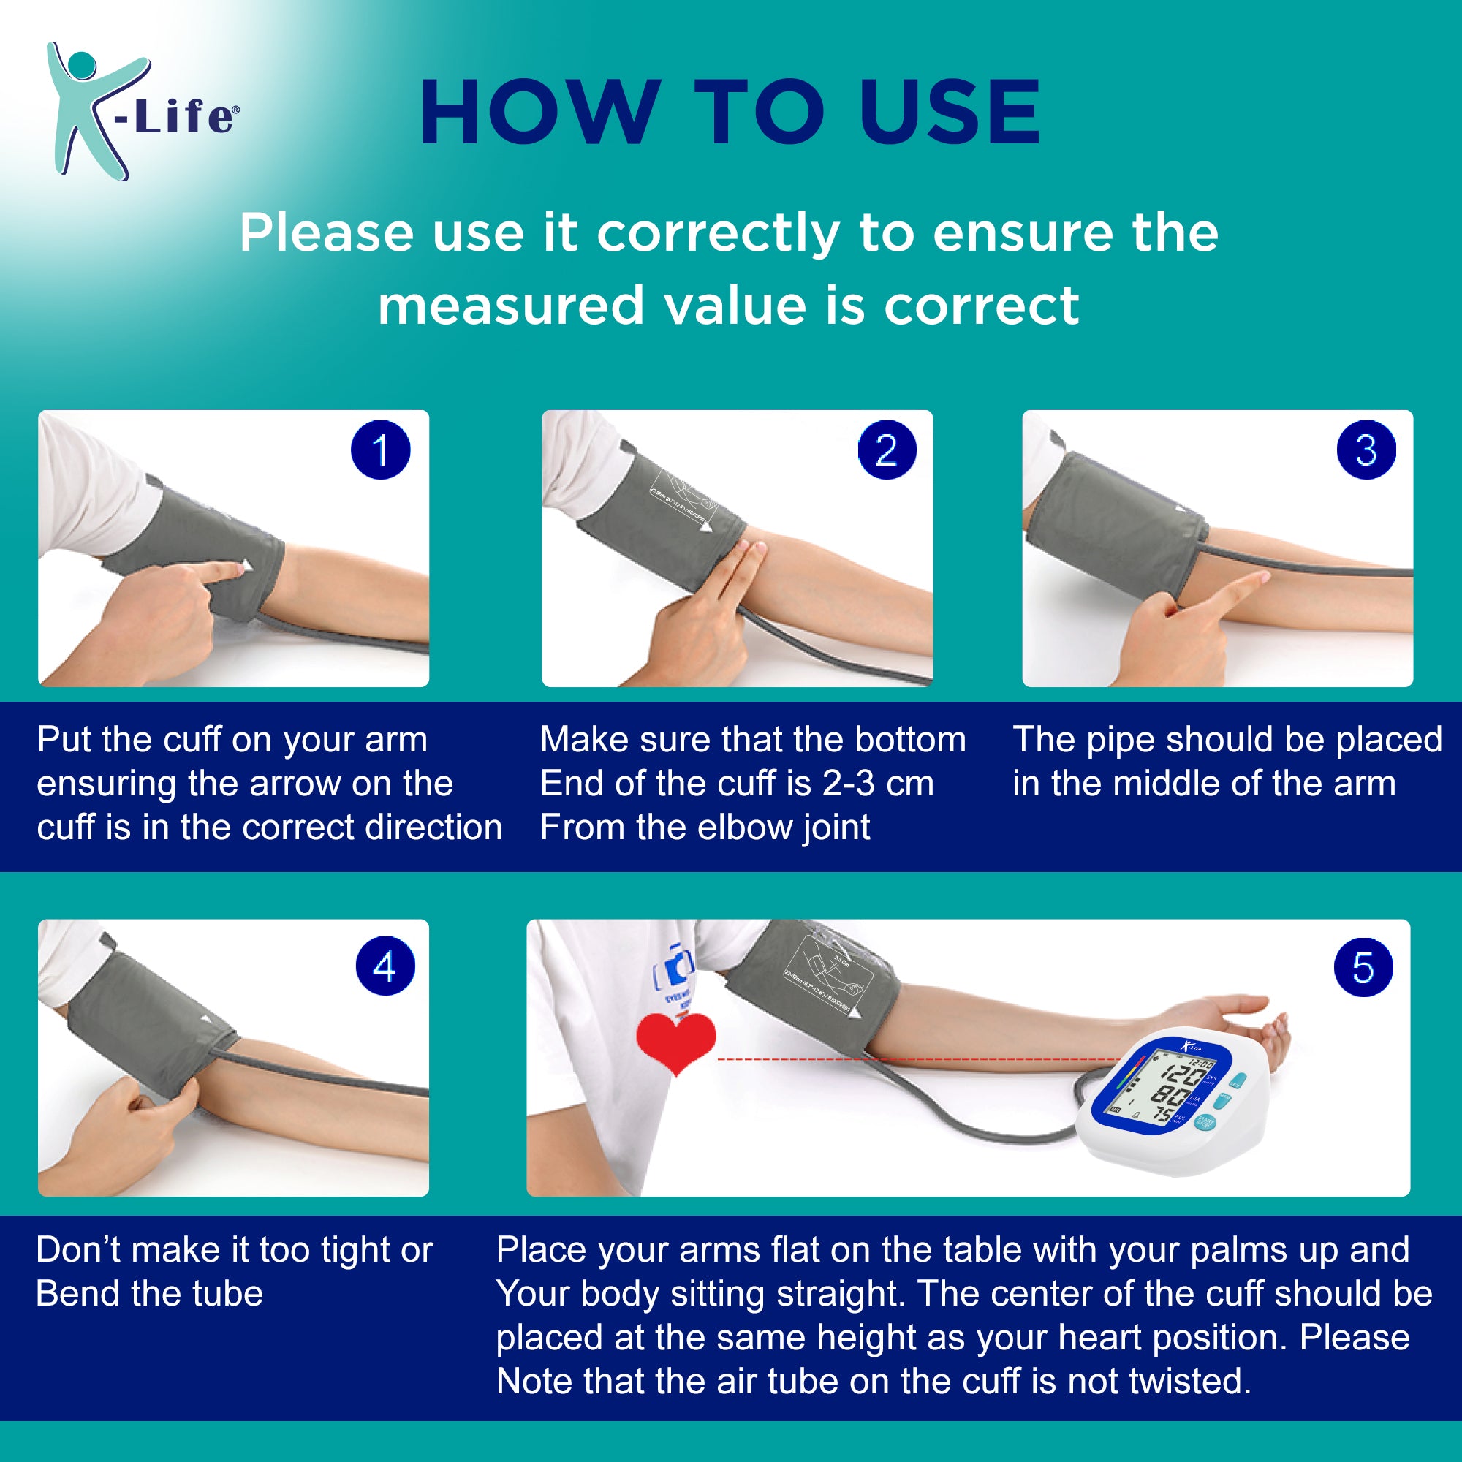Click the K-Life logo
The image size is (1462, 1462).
(x=140, y=111)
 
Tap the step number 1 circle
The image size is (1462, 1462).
(x=381, y=450)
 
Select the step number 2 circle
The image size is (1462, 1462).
(x=887, y=450)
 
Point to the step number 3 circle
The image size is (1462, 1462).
(x=1366, y=450)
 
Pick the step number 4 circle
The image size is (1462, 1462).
(x=385, y=966)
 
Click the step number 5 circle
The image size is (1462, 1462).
(x=1363, y=968)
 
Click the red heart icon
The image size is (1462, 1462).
(x=675, y=1041)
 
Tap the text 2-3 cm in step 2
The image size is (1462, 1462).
(x=878, y=783)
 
